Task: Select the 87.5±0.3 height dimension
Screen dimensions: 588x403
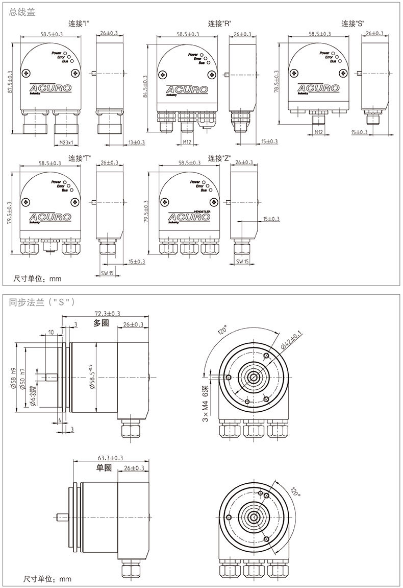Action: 10,82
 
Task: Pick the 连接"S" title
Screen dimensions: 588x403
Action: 353,23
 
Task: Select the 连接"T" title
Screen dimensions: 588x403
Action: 80,158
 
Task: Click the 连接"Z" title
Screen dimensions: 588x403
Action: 220,158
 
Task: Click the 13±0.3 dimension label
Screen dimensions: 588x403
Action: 137,142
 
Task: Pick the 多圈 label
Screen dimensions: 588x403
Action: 102,323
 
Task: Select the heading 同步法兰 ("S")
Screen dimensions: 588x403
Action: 43,301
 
